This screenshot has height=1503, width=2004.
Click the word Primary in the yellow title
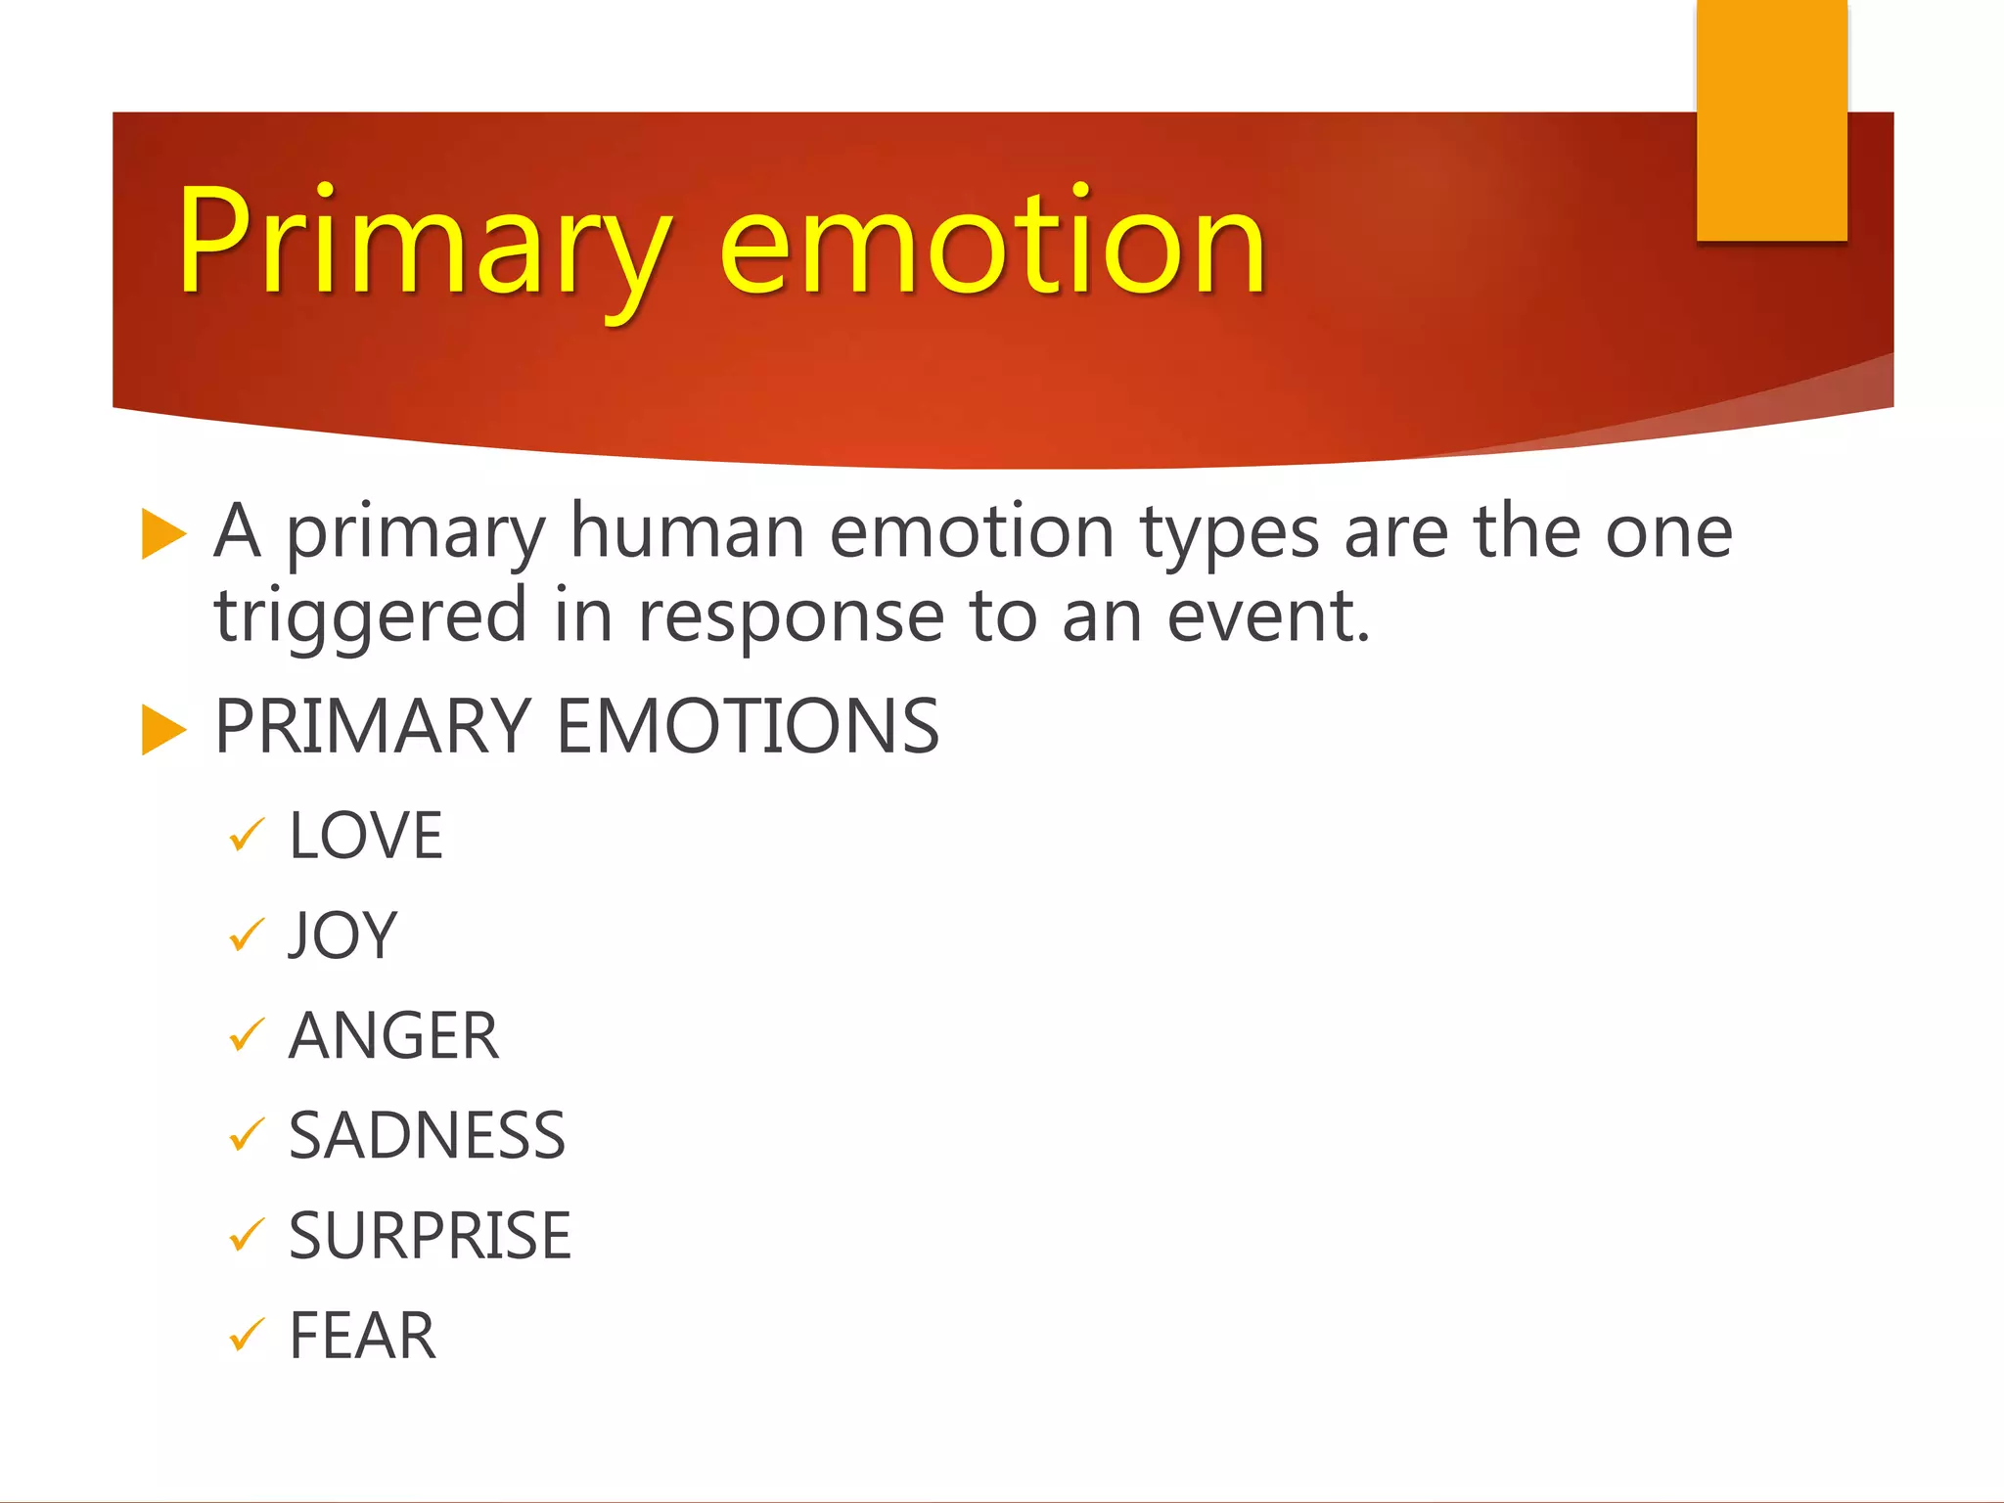click(423, 245)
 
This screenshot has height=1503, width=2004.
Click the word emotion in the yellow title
click(992, 245)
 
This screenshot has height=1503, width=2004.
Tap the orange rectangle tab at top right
click(1771, 122)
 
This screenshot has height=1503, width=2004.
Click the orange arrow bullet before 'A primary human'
click(162, 534)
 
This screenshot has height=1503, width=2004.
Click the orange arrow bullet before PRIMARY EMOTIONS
click(162, 730)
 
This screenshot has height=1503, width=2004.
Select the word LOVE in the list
click(366, 837)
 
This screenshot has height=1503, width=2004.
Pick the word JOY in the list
click(342, 936)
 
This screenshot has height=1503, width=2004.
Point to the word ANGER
click(393, 1036)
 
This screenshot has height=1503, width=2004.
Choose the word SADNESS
click(427, 1136)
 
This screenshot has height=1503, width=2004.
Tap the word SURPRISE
click(430, 1236)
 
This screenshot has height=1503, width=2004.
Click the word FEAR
click(362, 1336)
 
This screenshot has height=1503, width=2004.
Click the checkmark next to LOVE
click(246, 837)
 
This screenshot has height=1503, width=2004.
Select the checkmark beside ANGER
click(246, 1036)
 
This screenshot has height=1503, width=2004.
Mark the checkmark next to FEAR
click(246, 1335)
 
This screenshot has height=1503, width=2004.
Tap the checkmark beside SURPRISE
click(246, 1235)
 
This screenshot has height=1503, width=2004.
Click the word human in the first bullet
click(687, 533)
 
